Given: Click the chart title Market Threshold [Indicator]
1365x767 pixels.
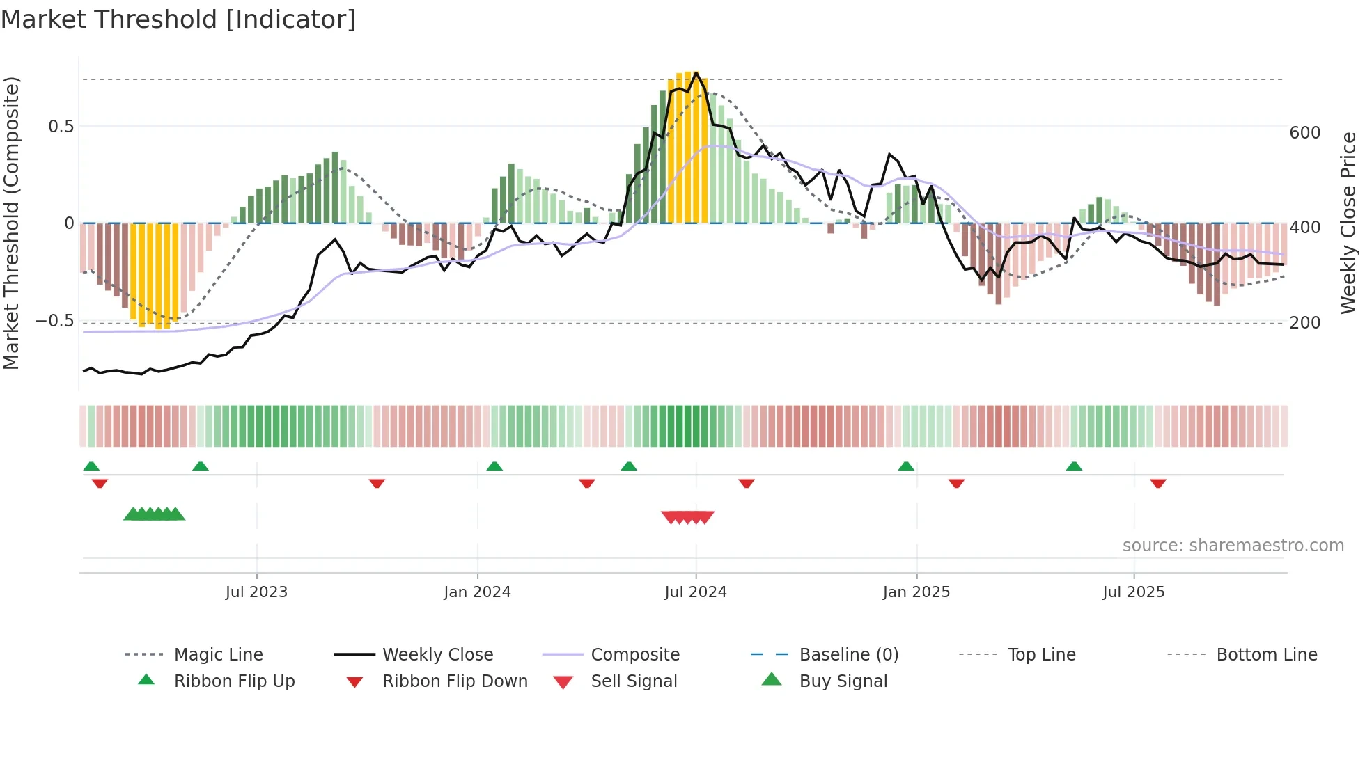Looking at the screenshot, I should click(x=178, y=19).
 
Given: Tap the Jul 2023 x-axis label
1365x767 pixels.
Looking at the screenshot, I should click(x=256, y=592).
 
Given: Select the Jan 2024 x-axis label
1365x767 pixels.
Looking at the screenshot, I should click(x=477, y=592).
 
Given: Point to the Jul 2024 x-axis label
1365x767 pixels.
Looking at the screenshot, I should click(x=695, y=592).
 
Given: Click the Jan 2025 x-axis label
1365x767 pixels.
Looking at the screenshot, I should click(x=916, y=592).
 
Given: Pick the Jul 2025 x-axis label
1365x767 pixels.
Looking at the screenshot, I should click(x=1133, y=592).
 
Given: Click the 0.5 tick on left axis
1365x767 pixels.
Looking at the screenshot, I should click(x=61, y=127).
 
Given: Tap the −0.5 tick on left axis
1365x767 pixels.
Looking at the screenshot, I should click(x=54, y=321).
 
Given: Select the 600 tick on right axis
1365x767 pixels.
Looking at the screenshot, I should click(x=1304, y=133).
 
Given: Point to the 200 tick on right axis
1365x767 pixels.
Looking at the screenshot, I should click(x=1304, y=323).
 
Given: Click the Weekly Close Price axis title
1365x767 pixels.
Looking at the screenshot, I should click(x=1348, y=223).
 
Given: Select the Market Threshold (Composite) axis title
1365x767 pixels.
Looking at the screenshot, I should click(x=11, y=223).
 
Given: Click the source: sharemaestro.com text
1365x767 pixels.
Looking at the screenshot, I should click(x=1233, y=546).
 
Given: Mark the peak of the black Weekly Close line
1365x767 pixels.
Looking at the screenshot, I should click(x=696, y=72).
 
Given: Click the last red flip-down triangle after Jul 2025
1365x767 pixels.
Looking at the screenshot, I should click(x=1158, y=483).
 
